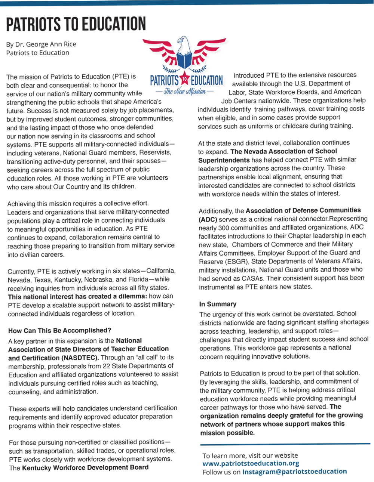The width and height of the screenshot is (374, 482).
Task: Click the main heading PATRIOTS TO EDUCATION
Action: point(76,24)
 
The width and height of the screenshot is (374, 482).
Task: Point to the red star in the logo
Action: point(185,80)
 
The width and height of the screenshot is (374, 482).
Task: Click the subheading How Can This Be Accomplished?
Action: point(60,331)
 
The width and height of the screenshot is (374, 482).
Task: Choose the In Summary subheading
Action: point(218,304)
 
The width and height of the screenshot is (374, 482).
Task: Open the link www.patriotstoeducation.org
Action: point(251,463)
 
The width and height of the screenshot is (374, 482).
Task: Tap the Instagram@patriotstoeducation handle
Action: point(294,472)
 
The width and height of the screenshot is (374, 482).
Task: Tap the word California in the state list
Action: point(161,271)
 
